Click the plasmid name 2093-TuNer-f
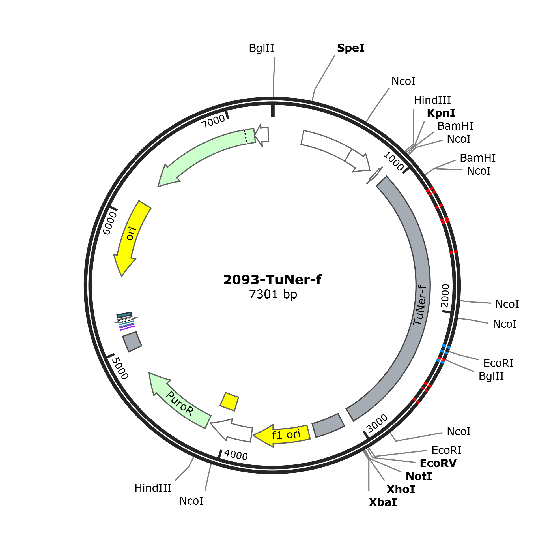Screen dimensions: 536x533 pyautogui.click(x=272, y=280)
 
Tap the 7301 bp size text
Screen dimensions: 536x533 pyautogui.click(x=273, y=294)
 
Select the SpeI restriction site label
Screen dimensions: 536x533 pyautogui.click(x=351, y=48)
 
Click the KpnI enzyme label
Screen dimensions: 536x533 pyautogui.click(x=441, y=113)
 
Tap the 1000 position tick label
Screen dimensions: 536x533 pyautogui.click(x=394, y=161)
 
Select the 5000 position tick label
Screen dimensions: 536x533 pyautogui.click(x=120, y=368)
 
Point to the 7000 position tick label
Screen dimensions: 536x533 pyautogui.click(x=213, y=121)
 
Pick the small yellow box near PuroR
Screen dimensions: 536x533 pyautogui.click(x=229, y=401)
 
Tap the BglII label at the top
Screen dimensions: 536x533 pyautogui.click(x=261, y=48)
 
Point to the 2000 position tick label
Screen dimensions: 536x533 pyautogui.click(x=445, y=296)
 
